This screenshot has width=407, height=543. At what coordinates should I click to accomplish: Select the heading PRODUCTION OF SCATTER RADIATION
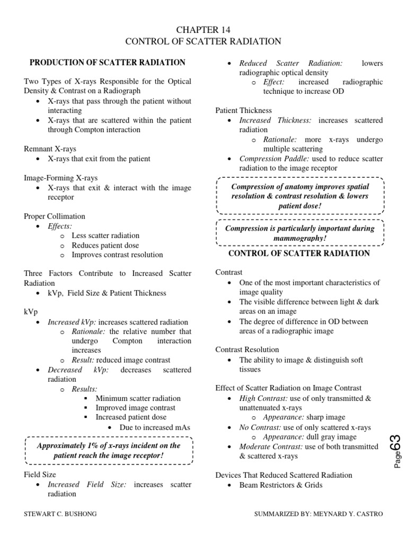[x=107, y=63]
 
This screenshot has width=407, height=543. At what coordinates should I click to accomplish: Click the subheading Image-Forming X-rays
[x=61, y=178]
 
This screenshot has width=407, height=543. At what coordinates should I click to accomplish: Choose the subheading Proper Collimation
[x=55, y=216]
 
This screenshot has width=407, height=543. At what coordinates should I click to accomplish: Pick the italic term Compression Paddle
[x=264, y=159]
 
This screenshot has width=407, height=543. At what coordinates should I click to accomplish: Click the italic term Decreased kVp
[x=78, y=370]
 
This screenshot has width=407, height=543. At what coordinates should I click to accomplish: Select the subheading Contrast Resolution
[x=247, y=350]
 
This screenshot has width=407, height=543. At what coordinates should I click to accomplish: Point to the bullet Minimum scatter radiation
[x=138, y=398]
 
